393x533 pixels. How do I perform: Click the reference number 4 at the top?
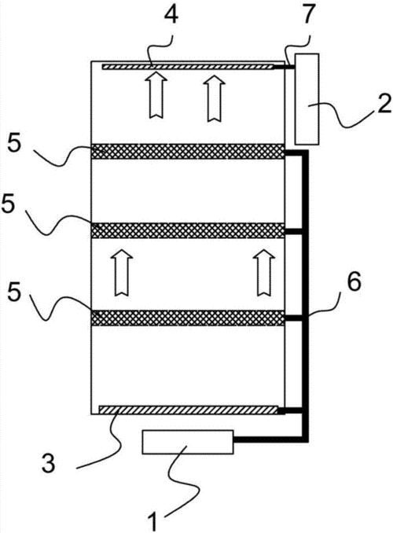[x=171, y=14]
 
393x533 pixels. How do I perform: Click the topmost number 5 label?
[x=14, y=144]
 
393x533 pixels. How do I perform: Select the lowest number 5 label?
[x=14, y=292]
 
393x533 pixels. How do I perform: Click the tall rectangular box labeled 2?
[x=307, y=99]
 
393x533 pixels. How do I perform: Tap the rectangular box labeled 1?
[x=188, y=442]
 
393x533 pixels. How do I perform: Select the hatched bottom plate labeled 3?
[x=188, y=410]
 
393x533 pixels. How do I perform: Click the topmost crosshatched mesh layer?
[x=188, y=151]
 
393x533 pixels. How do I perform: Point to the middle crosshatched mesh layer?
[x=188, y=230]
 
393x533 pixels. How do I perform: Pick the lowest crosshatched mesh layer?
[x=188, y=318]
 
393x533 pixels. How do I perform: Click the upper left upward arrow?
[x=156, y=95]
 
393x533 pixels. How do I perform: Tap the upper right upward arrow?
[x=214, y=97]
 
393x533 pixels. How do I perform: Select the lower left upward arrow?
[x=122, y=272]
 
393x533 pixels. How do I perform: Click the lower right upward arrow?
[x=264, y=272]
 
